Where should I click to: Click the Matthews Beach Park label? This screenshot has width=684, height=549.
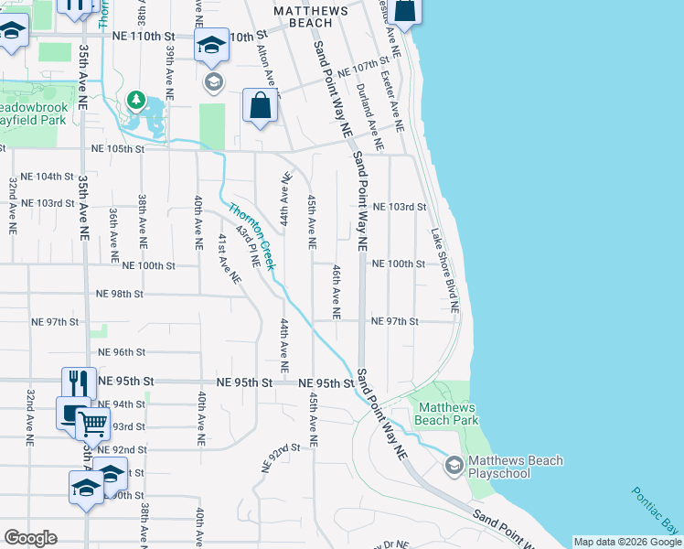pyautogui.click(x=447, y=414)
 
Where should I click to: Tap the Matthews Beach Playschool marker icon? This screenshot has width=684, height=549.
pyautogui.click(x=454, y=467)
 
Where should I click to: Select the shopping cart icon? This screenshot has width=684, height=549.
pyautogui.click(x=92, y=423)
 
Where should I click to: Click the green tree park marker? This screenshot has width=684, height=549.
pyautogui.click(x=136, y=97)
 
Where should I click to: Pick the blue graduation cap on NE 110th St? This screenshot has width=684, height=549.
pyautogui.click(x=211, y=46)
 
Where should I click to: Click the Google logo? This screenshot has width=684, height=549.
pyautogui.click(x=30, y=538)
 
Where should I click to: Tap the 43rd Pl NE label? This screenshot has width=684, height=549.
pyautogui.click(x=248, y=247)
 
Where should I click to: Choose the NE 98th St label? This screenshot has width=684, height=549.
pyautogui.click(x=120, y=294)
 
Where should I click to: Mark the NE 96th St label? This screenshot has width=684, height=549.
pyautogui.click(x=122, y=352)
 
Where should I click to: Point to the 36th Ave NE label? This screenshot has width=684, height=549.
pyautogui.click(x=113, y=230)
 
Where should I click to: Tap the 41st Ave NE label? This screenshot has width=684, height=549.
pyautogui.click(x=229, y=257)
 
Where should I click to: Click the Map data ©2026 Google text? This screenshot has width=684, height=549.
pyautogui.click(x=627, y=542)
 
